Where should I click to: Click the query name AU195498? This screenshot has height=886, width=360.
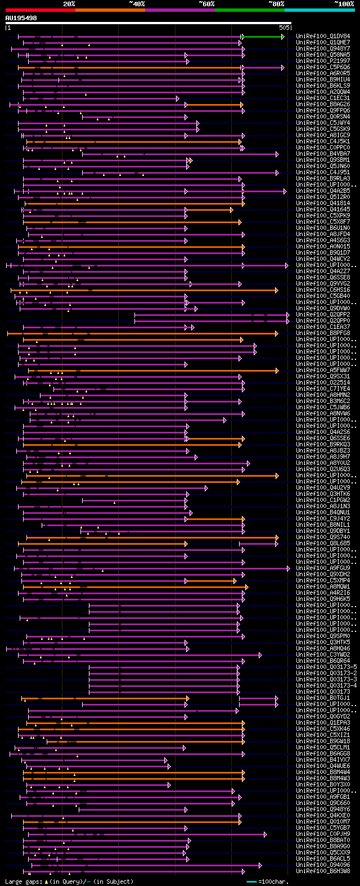tap(21, 18)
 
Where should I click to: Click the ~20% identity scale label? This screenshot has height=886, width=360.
tap(69, 3)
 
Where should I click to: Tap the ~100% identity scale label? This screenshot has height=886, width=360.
tap(344, 3)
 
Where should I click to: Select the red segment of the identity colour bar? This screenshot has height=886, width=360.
tap(40, 10)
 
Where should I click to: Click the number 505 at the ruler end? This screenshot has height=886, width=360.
tap(284, 27)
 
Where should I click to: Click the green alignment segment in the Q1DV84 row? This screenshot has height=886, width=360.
tap(263, 37)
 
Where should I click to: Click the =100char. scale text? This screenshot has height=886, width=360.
tap(273, 882)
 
